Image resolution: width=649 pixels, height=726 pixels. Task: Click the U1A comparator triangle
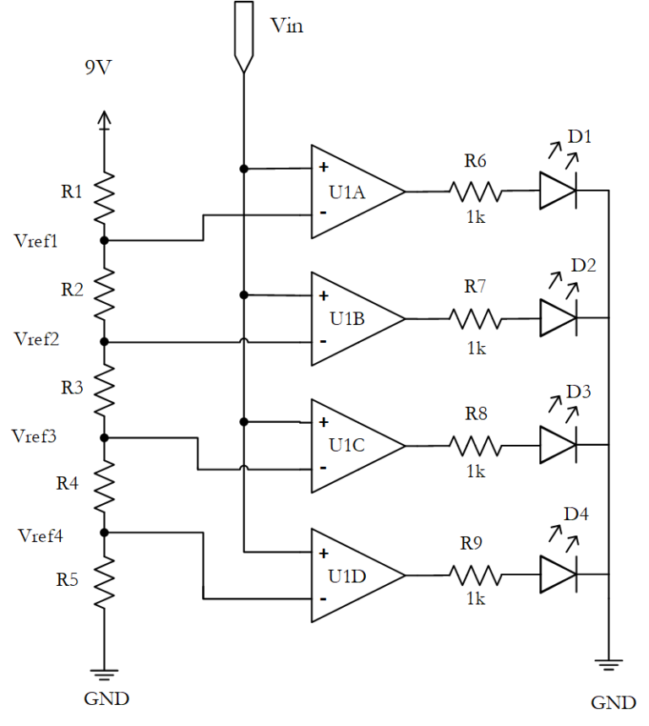click(x=355, y=192)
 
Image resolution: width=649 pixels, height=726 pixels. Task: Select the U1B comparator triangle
click(x=355, y=319)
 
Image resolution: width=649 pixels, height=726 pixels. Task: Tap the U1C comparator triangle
click(x=355, y=446)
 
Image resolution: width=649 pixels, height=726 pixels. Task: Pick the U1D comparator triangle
click(x=355, y=576)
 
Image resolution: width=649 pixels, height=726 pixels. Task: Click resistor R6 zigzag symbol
click(x=476, y=192)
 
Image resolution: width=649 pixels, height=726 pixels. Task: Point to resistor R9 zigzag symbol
click(x=476, y=576)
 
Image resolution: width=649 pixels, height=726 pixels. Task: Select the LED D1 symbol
click(x=559, y=192)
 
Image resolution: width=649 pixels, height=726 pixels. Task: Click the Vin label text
click(x=287, y=25)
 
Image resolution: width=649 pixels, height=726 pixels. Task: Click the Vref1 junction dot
click(x=105, y=241)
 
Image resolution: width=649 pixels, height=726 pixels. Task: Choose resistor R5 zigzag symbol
click(x=105, y=582)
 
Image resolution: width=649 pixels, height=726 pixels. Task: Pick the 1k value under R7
click(x=476, y=347)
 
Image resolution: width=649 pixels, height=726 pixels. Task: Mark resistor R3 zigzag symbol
click(x=105, y=388)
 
